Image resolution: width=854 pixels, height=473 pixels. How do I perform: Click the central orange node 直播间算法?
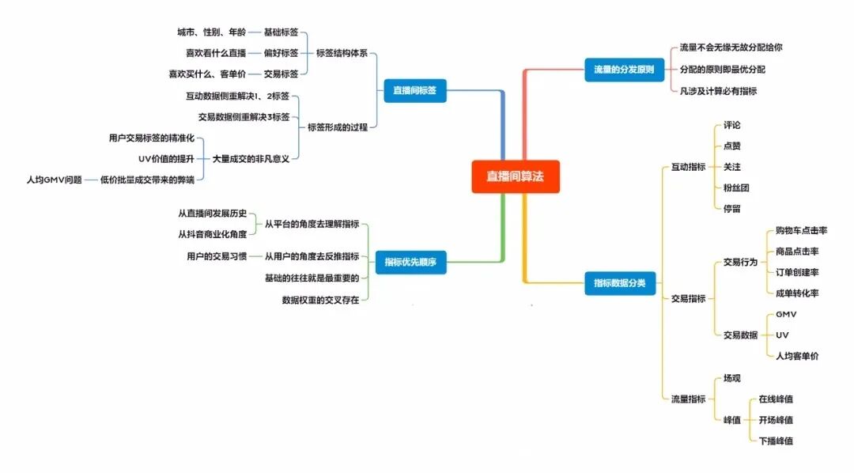pyautogui.click(x=515, y=177)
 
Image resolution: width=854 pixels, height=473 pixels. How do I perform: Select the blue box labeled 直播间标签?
pyautogui.click(x=414, y=91)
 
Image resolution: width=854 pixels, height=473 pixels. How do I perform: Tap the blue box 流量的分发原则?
pyautogui.click(x=624, y=70)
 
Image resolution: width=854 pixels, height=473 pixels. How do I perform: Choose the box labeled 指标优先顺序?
pyautogui.click(x=410, y=262)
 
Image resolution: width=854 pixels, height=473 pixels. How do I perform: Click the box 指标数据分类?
pyautogui.click(x=620, y=282)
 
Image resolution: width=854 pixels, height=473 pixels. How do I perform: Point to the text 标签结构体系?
pyautogui.click(x=342, y=54)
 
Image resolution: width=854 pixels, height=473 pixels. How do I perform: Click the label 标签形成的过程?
pyautogui.click(x=337, y=127)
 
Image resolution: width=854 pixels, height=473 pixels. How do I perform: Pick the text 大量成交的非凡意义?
pyautogui.click(x=251, y=158)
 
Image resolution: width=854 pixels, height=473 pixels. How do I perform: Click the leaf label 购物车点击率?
pyautogui.click(x=801, y=231)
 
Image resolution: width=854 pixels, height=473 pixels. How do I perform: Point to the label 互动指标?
pyautogui.click(x=688, y=167)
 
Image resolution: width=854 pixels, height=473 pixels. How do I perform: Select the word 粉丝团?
pyautogui.click(x=735, y=188)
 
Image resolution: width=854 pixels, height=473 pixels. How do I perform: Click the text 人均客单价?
pyautogui.click(x=797, y=356)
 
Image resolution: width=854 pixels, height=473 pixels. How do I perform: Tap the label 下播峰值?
pyautogui.click(x=776, y=441)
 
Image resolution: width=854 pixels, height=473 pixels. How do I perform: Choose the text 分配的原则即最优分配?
pyautogui.click(x=722, y=70)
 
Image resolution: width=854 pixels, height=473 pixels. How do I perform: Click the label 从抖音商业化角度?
pyautogui.click(x=213, y=234)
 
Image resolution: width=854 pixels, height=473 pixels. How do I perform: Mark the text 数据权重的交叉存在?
pyautogui.click(x=320, y=301)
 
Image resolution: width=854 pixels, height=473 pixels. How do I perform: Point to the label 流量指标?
pyautogui.click(x=688, y=399)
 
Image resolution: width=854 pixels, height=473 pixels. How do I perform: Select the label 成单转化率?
pyautogui.click(x=797, y=293)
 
